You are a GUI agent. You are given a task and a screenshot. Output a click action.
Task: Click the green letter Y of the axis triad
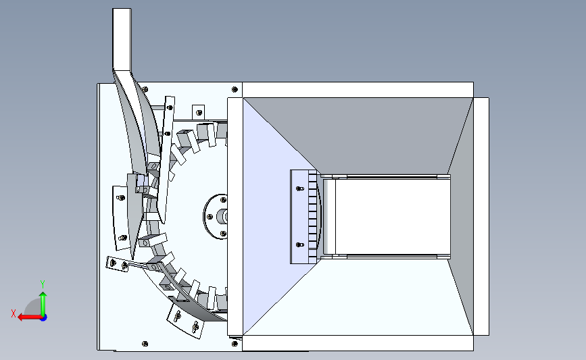tap(43, 284)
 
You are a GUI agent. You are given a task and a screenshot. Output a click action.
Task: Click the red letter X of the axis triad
tap(14, 313)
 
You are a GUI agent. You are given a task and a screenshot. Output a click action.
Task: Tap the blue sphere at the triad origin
tap(44, 318)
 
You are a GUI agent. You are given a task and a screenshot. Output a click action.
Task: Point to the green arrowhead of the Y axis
tap(43, 295)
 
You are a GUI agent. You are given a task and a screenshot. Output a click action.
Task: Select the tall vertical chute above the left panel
tap(122, 38)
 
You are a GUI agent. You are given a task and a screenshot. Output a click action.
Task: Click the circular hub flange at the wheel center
tap(216, 217)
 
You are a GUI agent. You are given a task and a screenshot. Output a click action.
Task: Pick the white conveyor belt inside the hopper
tap(393, 217)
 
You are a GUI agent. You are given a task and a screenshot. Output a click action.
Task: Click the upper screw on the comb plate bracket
tap(299, 188)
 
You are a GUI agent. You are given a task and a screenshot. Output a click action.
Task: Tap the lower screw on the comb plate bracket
tap(299, 245)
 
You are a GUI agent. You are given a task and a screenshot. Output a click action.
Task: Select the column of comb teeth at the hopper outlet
tap(312, 217)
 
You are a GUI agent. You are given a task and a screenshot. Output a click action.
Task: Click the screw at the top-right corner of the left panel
tap(235, 89)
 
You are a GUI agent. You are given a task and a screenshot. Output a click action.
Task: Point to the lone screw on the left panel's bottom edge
tap(145, 344)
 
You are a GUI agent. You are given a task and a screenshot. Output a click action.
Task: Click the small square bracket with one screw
tap(199, 112)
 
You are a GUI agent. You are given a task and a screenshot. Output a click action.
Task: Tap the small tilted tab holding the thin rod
tap(117, 264)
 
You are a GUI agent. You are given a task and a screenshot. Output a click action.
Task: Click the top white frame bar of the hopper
tap(358, 90)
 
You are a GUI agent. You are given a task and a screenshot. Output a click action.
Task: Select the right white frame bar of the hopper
tap(481, 217)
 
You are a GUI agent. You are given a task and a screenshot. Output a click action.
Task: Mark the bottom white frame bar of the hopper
tap(358, 343)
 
